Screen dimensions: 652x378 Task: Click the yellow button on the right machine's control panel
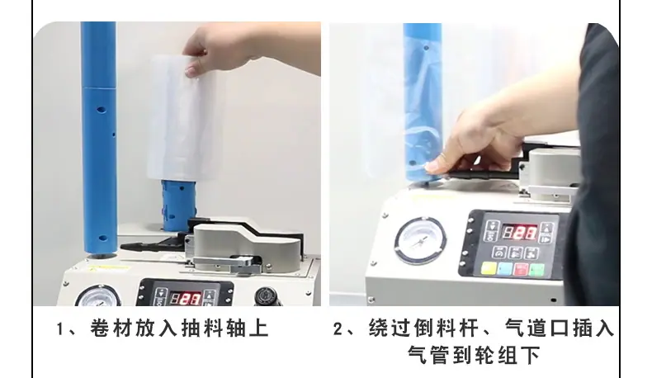pyautogui.click(x=489, y=267)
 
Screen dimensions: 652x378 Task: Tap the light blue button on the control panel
pyautogui.click(x=505, y=268)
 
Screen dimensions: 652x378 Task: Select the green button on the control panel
pyautogui.click(x=536, y=270)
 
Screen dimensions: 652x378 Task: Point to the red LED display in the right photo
pyautogui.click(x=519, y=233)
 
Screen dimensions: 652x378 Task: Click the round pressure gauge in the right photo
pyautogui.click(x=420, y=240)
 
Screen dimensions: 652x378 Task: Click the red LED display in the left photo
pyautogui.click(x=187, y=298)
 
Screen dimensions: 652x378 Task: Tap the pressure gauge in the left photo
pyautogui.click(x=98, y=296)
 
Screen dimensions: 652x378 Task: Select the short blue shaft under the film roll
pyautogui.click(x=179, y=206)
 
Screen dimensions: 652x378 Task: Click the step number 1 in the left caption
pyautogui.click(x=61, y=329)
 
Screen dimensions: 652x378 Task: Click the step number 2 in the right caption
pyautogui.click(x=338, y=329)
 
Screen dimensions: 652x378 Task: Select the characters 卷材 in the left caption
pyautogui.click(x=111, y=328)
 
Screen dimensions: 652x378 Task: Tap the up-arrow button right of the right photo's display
pyautogui.click(x=546, y=229)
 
